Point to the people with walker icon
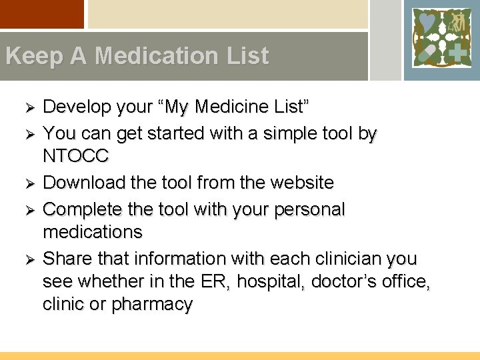coord(455,23)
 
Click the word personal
coord(307,209)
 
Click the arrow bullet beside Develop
coord(29,107)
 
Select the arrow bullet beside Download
coord(29,183)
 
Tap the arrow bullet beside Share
coord(29,259)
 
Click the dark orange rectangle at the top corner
coord(42,14)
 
